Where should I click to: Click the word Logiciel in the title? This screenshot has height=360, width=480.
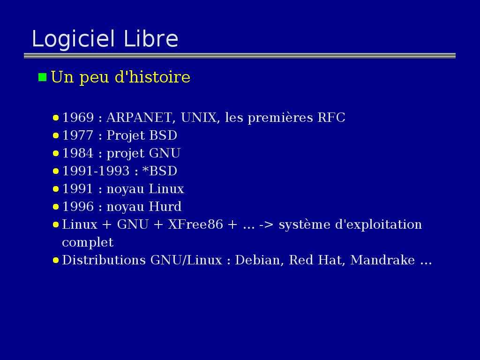pyautogui.click(x=74, y=39)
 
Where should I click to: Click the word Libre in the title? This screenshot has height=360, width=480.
pyautogui.click(x=151, y=38)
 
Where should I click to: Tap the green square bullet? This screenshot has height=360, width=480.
pyautogui.click(x=42, y=77)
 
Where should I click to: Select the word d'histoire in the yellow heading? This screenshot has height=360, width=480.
pyautogui.click(x=152, y=76)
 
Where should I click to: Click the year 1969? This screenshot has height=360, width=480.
pyautogui.click(x=78, y=118)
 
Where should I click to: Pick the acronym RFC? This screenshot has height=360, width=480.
pyautogui.click(x=331, y=118)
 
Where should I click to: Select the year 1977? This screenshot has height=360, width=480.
pyautogui.click(x=78, y=135)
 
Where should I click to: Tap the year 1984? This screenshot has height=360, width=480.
pyautogui.click(x=78, y=153)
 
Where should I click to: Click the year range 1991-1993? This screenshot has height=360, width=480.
pyautogui.click(x=96, y=171)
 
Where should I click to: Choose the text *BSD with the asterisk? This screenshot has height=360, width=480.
pyautogui.click(x=160, y=171)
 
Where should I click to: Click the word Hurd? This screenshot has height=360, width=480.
pyautogui.click(x=165, y=206)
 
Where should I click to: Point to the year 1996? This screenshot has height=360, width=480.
pyautogui.click(x=78, y=206)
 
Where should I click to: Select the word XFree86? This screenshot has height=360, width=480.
pyautogui.click(x=195, y=225)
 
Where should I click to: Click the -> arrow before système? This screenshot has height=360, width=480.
pyautogui.click(x=266, y=225)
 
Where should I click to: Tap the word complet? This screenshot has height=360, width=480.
pyautogui.click(x=88, y=243)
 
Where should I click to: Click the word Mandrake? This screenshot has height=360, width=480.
pyautogui.click(x=382, y=260)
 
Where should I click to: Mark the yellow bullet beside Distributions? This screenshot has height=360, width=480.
pyautogui.click(x=56, y=261)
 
